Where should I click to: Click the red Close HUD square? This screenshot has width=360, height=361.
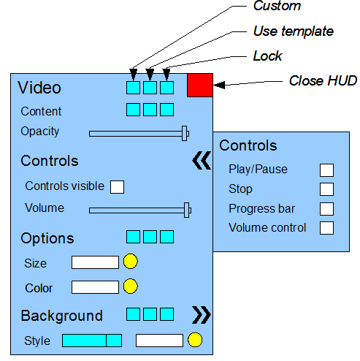coord(200,85)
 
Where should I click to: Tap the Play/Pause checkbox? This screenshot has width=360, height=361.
coord(326,170)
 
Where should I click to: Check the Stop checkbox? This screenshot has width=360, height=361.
coord(326,189)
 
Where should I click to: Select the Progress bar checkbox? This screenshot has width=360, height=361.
coord(326,209)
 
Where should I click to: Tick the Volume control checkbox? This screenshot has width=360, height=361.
coord(326,228)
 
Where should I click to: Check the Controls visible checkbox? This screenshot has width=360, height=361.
coord(117,187)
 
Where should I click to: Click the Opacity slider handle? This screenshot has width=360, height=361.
coord(185,133)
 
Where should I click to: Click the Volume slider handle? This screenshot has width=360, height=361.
coord(186,210)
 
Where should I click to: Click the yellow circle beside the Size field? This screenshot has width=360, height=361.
coord(131,261)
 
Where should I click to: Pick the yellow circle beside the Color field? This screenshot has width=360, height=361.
coord(131,286)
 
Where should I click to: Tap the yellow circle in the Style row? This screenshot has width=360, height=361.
coord(195,340)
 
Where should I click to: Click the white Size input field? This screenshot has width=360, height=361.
coord(95,262)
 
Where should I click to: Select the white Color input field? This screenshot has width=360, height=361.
coord(95,287)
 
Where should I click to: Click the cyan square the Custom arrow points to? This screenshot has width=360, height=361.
coord(133,88)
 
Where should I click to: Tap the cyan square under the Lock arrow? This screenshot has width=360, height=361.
coord(166,88)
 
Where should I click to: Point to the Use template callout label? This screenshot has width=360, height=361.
coord(294,31)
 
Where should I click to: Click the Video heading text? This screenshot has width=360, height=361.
coord(39,88)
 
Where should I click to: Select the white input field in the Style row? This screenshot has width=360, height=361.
coord(159,341)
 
